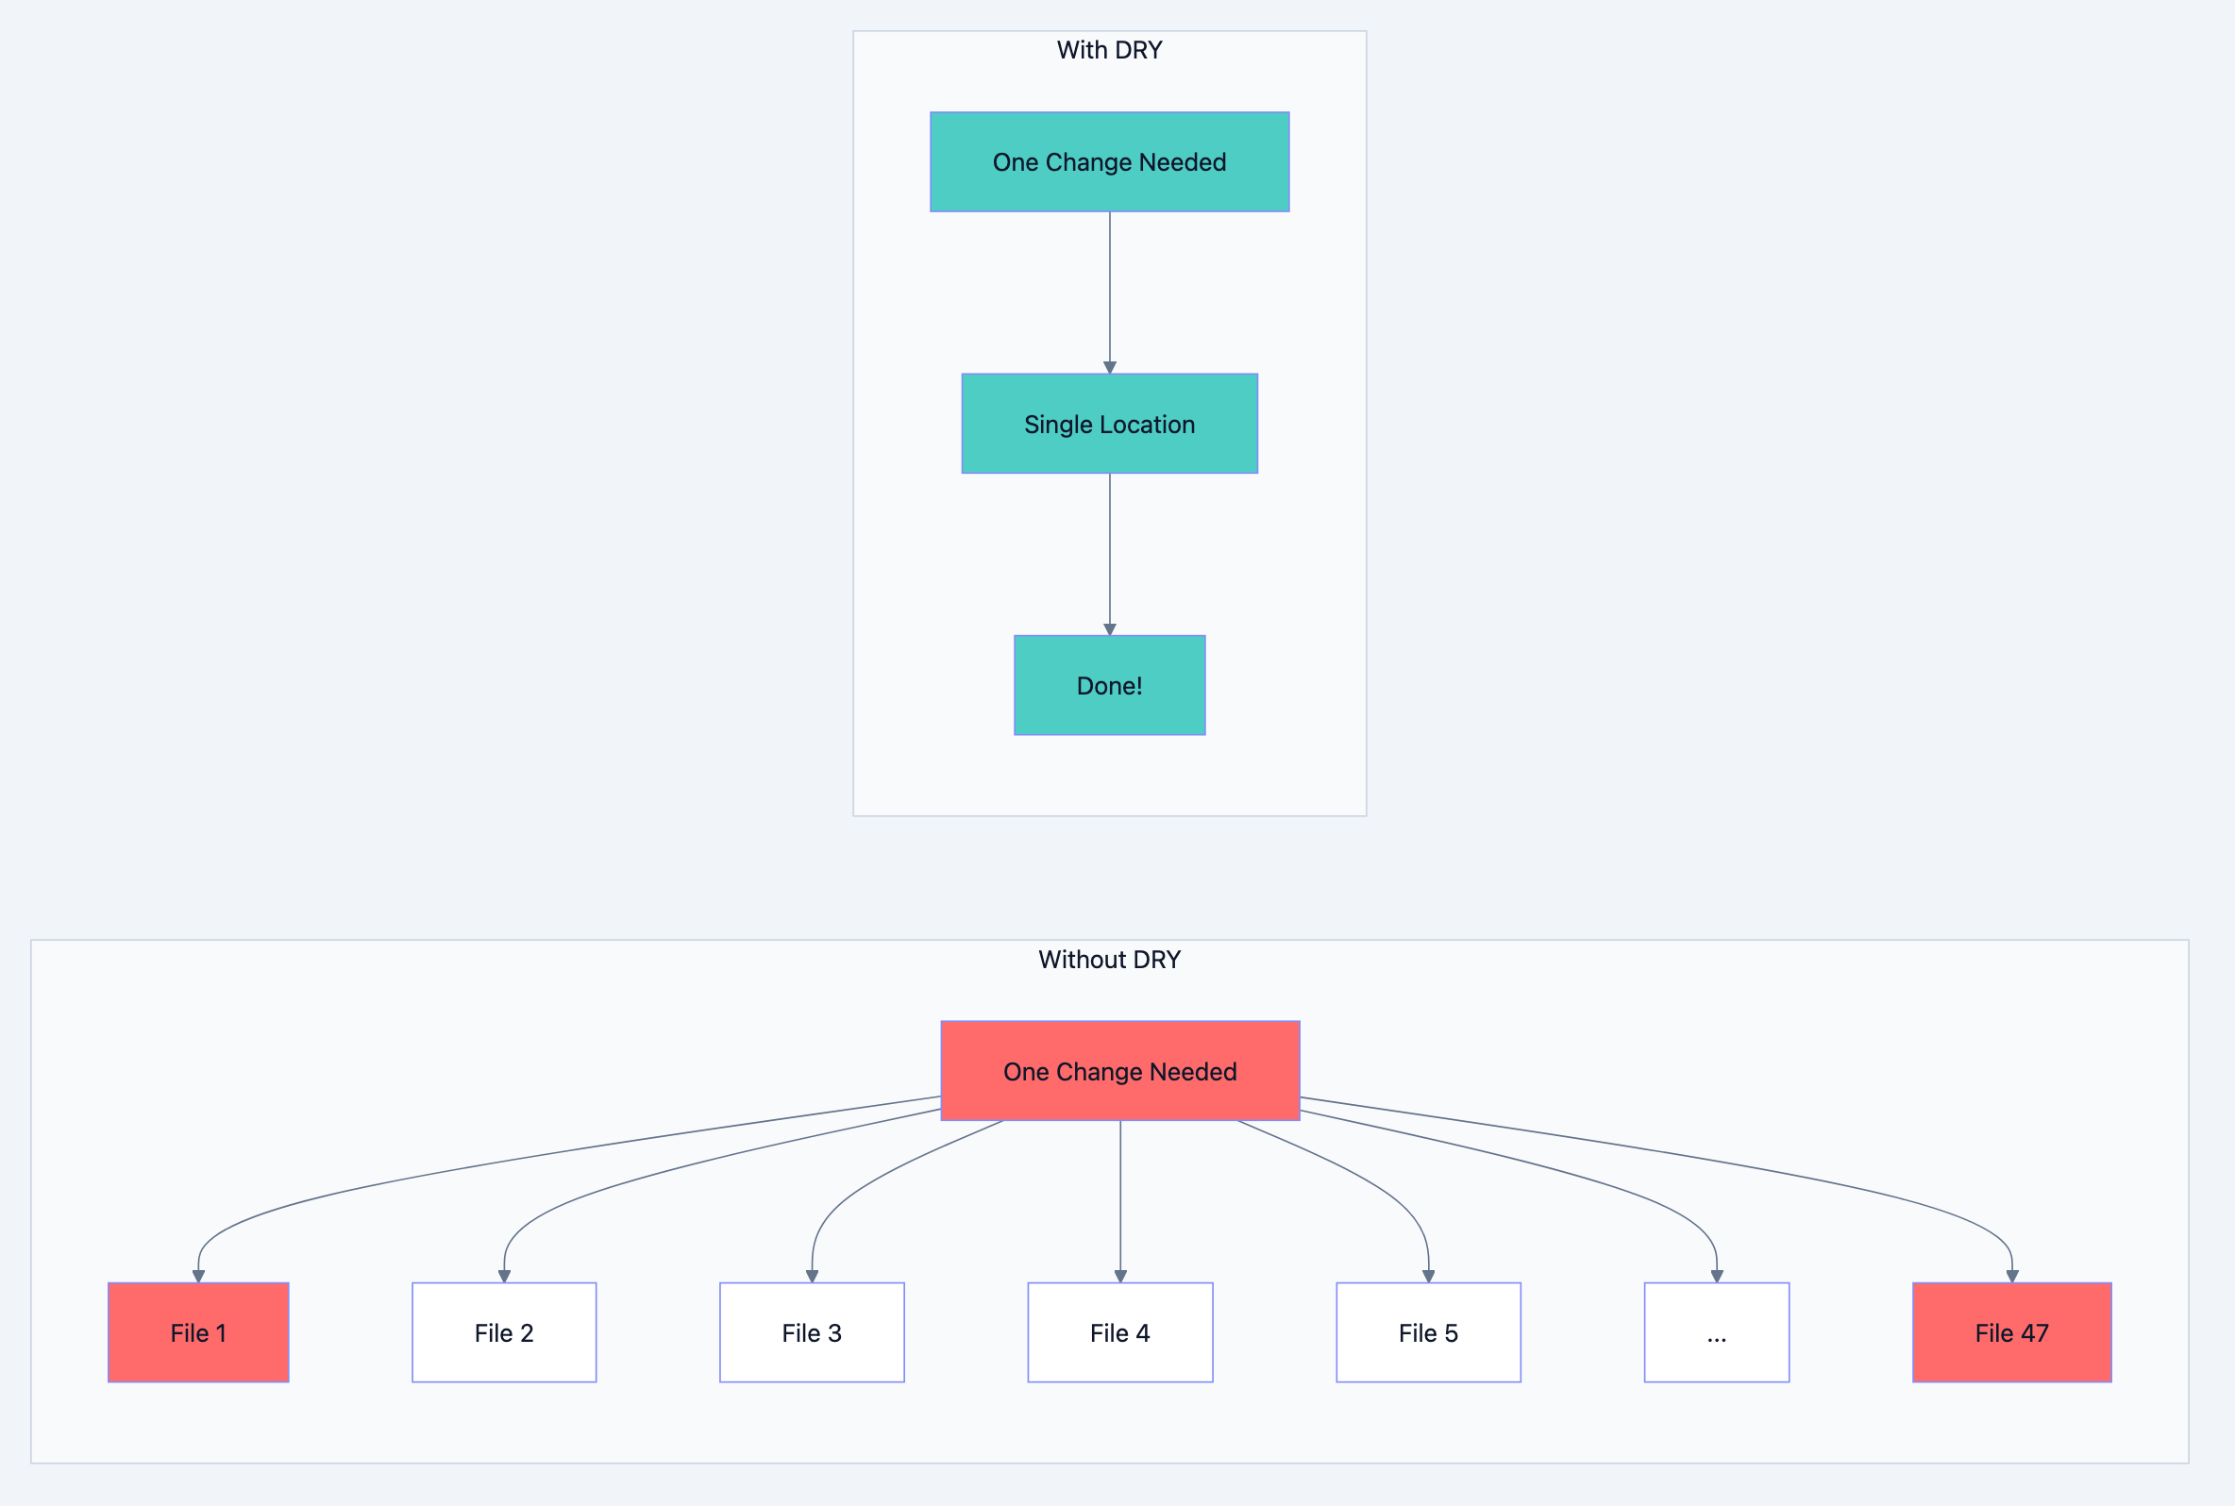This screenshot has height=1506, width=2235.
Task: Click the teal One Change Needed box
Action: (x=1109, y=161)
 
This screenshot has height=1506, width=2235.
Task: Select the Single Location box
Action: (x=1109, y=424)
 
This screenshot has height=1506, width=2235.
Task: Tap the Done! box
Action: (x=1109, y=685)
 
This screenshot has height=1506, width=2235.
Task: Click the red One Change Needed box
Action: (x=1120, y=1071)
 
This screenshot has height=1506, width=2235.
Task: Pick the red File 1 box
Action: (x=198, y=1332)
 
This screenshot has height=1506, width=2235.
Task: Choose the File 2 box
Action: (x=503, y=1332)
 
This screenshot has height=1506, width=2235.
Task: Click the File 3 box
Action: (x=812, y=1332)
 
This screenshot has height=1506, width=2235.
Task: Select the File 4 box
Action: (x=1120, y=1332)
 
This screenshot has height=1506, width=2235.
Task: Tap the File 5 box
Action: (x=1428, y=1332)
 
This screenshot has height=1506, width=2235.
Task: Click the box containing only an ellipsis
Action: (x=1716, y=1332)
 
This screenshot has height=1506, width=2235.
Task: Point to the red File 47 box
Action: (x=2011, y=1332)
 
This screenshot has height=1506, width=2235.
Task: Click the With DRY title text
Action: (x=1109, y=50)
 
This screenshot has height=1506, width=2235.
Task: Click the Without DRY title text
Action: (x=1109, y=960)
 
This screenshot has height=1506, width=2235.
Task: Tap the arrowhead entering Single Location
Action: (x=1109, y=367)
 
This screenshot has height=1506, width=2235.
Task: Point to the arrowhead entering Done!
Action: (x=1109, y=629)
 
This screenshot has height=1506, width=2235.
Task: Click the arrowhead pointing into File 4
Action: (x=1120, y=1277)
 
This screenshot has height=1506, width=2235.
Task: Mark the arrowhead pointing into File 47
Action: (x=2011, y=1277)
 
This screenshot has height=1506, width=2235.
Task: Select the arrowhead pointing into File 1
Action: (x=198, y=1277)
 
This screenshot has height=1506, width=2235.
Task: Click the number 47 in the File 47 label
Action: (x=2034, y=1333)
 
